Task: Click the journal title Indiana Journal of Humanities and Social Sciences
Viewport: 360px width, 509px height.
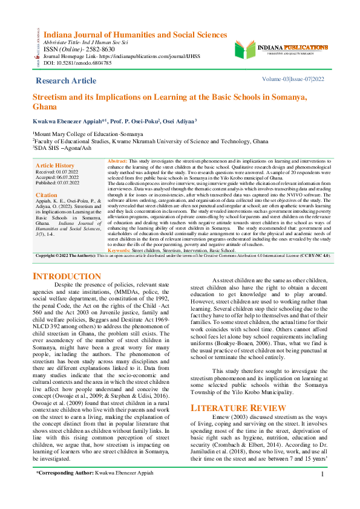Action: (131, 35)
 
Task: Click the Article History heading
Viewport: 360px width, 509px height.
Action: (55, 165)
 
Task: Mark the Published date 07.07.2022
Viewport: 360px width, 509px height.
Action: (64, 182)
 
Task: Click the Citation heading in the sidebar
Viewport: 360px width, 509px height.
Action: (47, 195)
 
